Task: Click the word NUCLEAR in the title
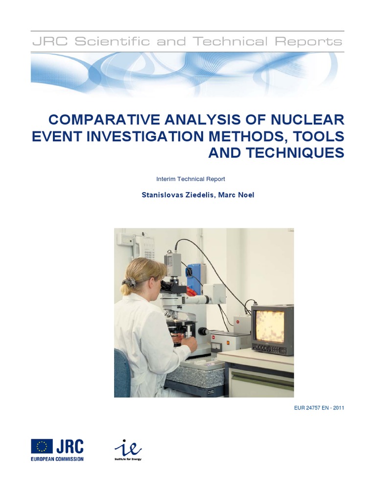(x=307, y=120)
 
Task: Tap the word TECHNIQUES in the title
(x=295, y=153)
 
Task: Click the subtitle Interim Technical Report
(x=190, y=179)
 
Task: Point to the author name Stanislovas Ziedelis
(x=178, y=195)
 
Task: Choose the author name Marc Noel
(x=236, y=195)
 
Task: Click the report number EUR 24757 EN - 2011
(x=319, y=408)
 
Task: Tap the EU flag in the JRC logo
(x=42, y=446)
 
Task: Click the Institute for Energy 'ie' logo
(x=128, y=450)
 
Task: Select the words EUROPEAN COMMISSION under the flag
(x=57, y=459)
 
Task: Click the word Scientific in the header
(x=112, y=42)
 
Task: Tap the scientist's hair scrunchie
(x=129, y=282)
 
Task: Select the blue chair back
(x=122, y=373)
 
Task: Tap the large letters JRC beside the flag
(x=70, y=446)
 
